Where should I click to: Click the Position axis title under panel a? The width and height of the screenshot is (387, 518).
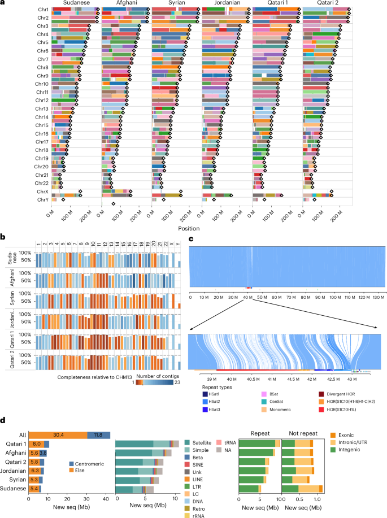(201, 230)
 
